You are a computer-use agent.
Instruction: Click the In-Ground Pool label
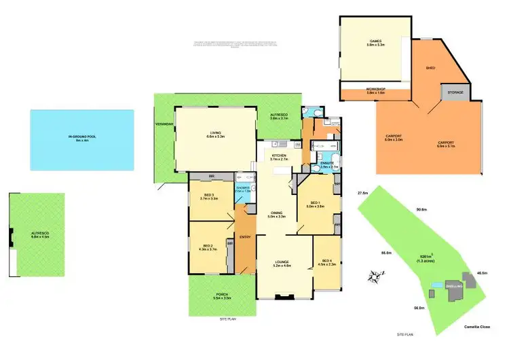click(79, 138)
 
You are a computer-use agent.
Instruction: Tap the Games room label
click(375, 42)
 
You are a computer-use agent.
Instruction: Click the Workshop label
click(375, 90)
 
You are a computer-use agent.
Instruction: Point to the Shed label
click(430, 68)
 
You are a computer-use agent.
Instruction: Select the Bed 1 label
click(316, 204)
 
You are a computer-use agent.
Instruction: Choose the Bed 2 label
click(208, 248)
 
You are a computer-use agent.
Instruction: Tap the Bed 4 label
click(326, 263)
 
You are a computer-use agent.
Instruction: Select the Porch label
click(222, 296)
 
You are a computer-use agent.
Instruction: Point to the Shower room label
click(243, 190)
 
